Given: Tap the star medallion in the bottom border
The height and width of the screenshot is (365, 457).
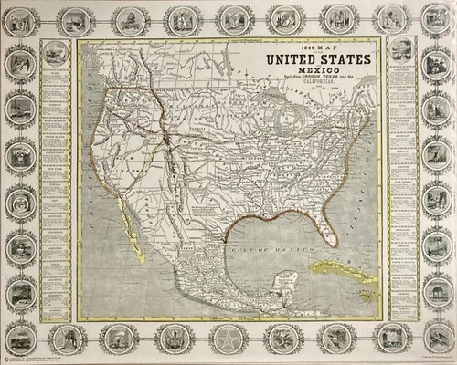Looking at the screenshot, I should click(x=228, y=339).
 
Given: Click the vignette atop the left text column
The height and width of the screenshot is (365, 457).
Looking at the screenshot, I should click(x=58, y=51).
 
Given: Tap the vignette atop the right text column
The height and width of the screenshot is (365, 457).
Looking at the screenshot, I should click(x=400, y=51).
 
